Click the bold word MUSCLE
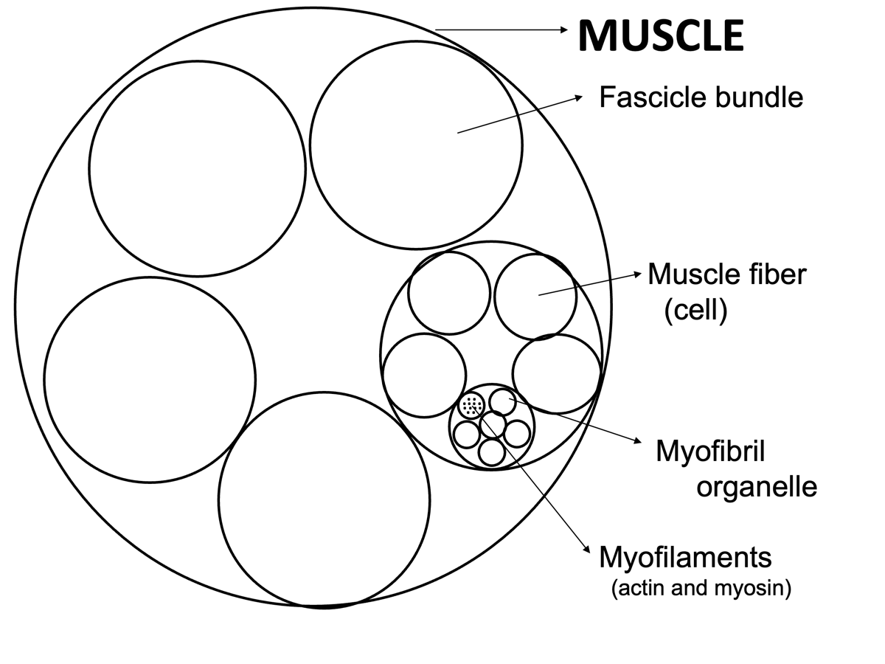coord(661,35)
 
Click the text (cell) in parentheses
coord(695,311)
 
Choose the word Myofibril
coord(710,452)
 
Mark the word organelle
coord(757,488)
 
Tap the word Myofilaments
coord(685,558)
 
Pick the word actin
coord(642,588)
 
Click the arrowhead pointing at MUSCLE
coord(564,30)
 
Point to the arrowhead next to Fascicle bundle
coord(579,97)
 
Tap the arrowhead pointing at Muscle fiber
coord(637,274)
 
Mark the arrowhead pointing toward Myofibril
coord(637,441)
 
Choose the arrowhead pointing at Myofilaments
coord(586,549)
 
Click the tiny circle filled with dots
coord(472,405)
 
